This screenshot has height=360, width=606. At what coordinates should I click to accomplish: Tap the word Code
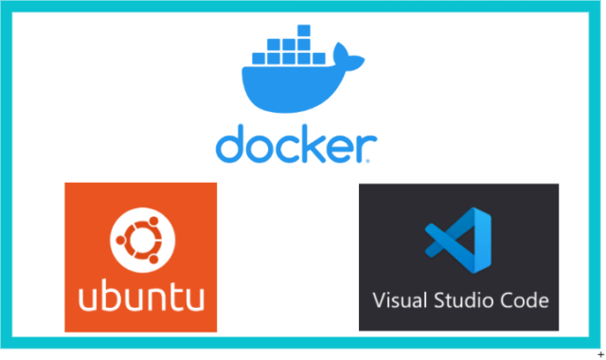click(x=526, y=300)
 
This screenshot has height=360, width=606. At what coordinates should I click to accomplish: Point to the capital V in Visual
click(x=378, y=300)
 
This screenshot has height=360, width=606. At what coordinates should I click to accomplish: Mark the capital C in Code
click(x=508, y=300)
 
